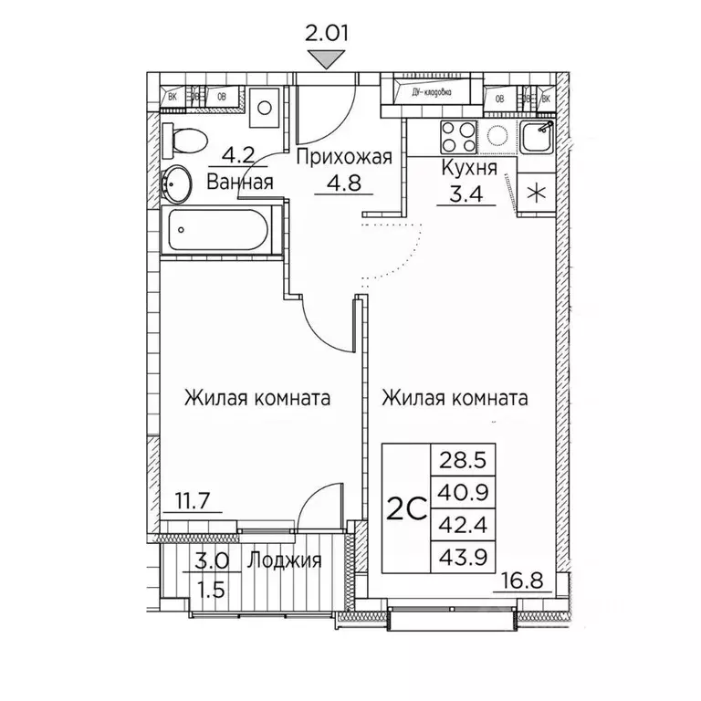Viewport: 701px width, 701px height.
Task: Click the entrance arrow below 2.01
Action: coord(328,59)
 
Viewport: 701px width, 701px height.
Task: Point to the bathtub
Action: coord(215,231)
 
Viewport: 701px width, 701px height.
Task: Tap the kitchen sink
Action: coord(535,138)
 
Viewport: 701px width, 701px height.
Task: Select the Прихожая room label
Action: coord(344,157)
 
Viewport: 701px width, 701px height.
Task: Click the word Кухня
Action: coord(468,169)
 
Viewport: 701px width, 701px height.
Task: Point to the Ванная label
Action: coord(240,182)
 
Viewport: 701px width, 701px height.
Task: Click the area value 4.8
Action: coord(344,181)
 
